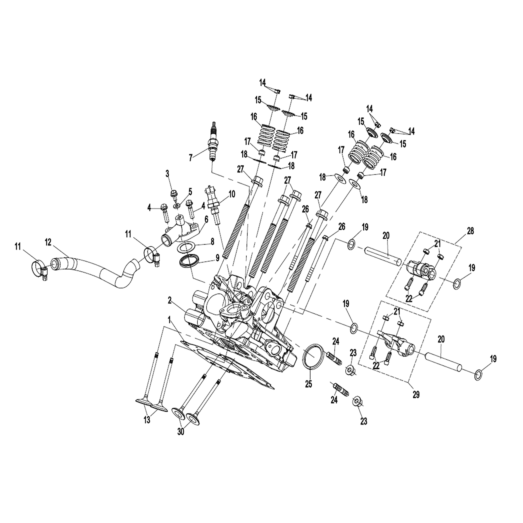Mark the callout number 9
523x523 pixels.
tap(217, 258)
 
